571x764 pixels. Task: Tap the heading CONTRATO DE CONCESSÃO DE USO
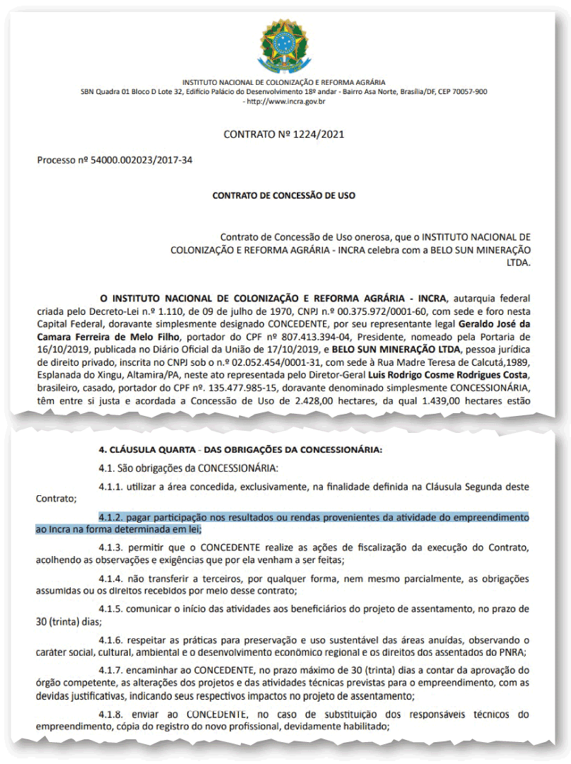(x=284, y=195)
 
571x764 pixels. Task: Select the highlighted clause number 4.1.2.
(x=112, y=517)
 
